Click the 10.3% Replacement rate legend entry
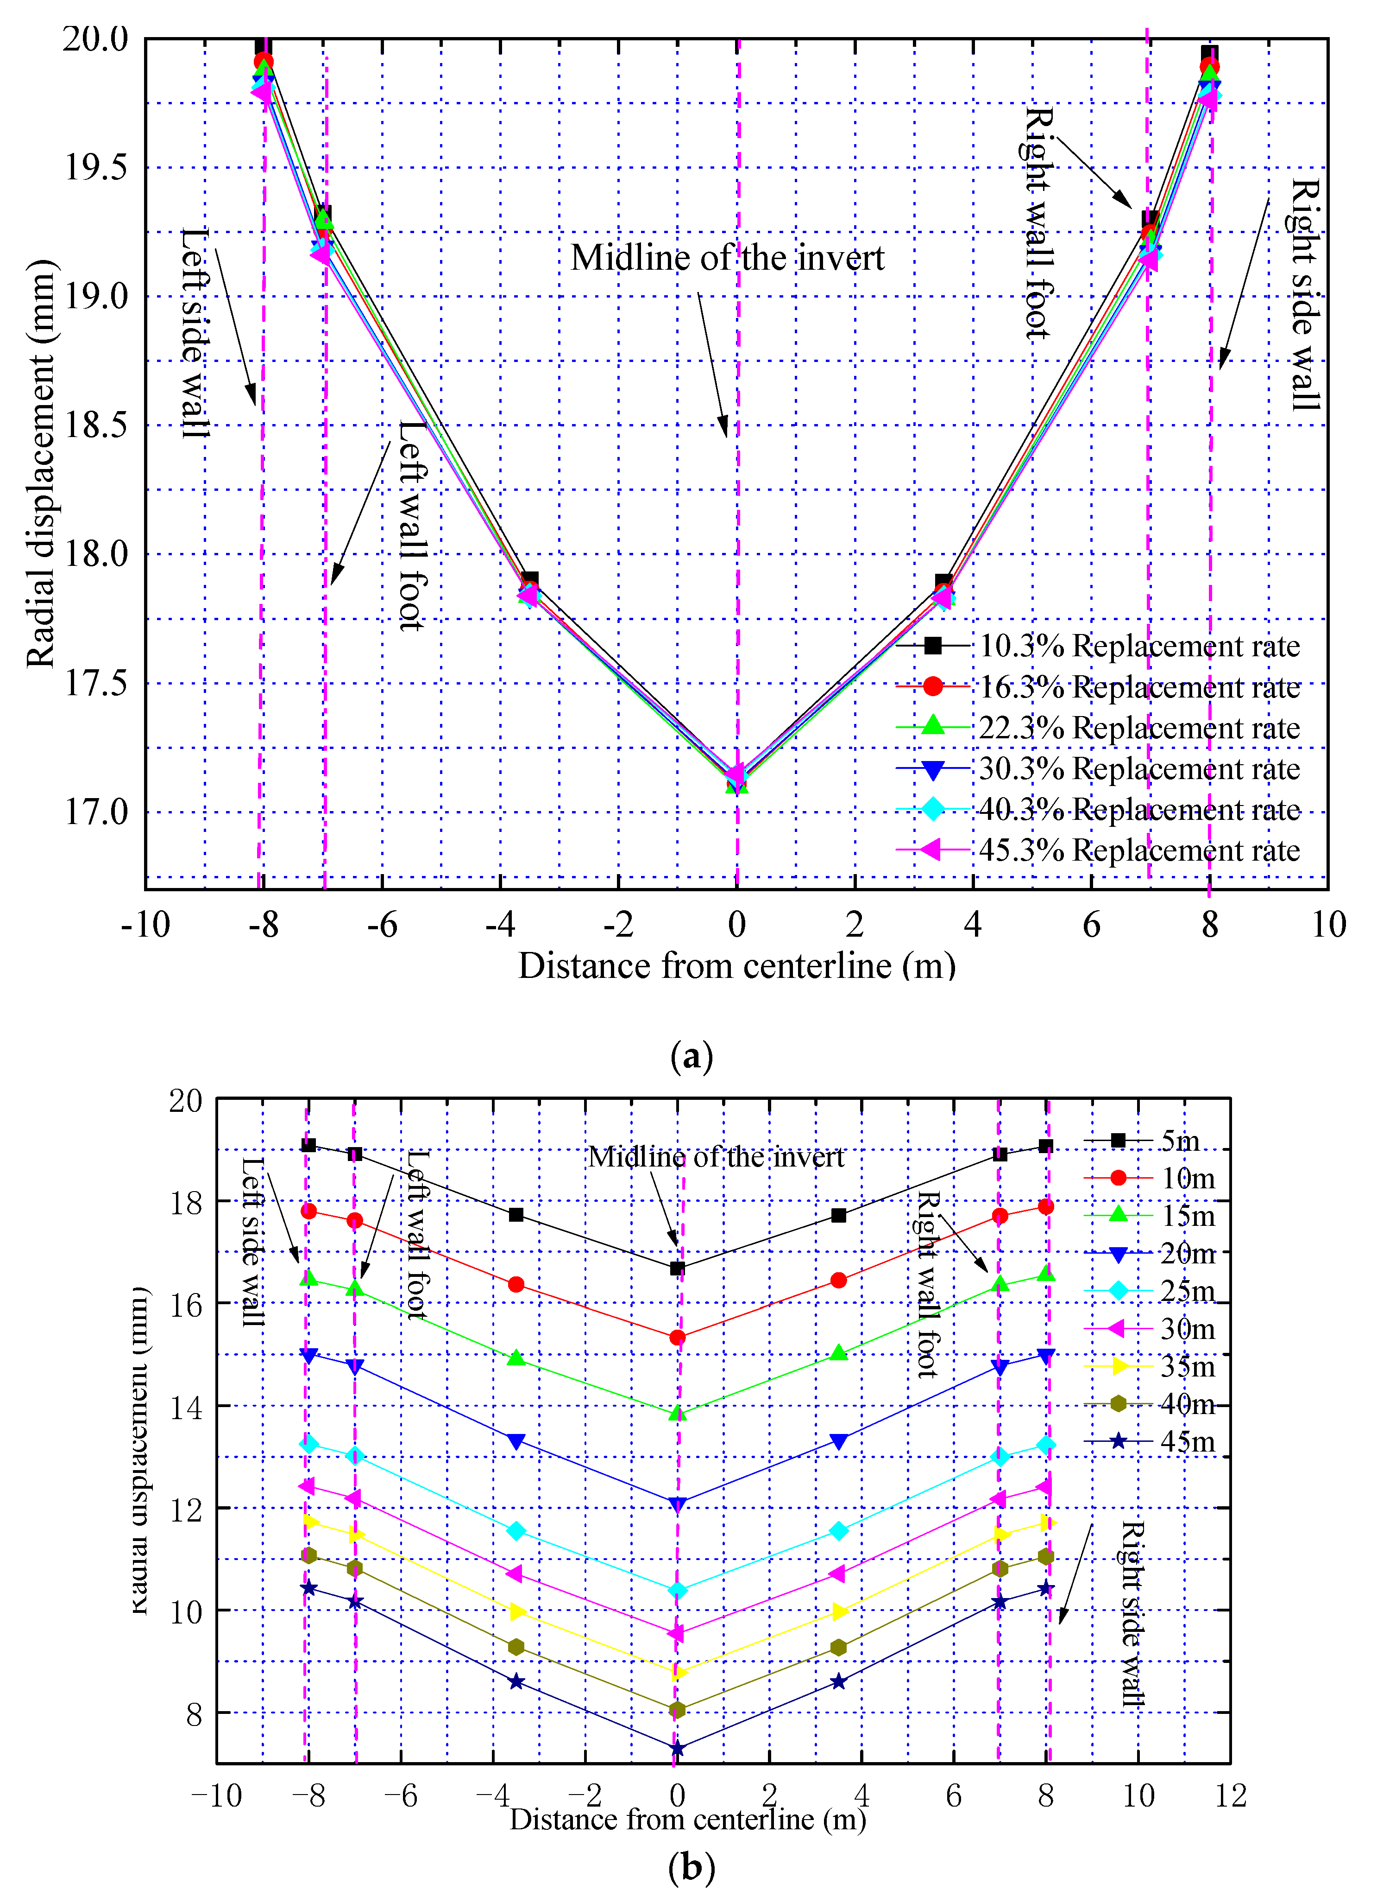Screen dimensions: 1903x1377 (x=1139, y=646)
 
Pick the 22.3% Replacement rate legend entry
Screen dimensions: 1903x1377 (x=1139, y=728)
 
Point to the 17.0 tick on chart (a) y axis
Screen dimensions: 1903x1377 (x=96, y=812)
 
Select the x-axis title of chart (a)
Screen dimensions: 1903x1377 (x=736, y=966)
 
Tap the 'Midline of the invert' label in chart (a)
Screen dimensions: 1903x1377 (x=727, y=258)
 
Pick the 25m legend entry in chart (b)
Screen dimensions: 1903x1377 (x=1187, y=1291)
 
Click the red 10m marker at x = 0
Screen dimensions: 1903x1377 (x=678, y=1338)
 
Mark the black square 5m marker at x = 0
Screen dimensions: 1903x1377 (x=678, y=1269)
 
